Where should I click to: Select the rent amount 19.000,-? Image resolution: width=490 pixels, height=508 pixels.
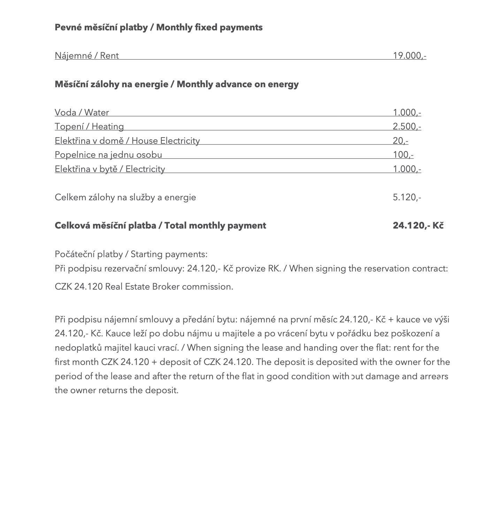(409, 56)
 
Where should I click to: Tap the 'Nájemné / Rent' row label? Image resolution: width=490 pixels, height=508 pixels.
(87, 56)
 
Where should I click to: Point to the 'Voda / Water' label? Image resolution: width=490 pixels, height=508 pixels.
(82, 113)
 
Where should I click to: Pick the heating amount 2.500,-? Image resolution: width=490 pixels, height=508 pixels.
(407, 127)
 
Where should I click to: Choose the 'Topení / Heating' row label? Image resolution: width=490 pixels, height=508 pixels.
(89, 127)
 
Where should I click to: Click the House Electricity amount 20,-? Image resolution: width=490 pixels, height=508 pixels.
(400, 141)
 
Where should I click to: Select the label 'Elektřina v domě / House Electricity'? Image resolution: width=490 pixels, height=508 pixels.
(127, 141)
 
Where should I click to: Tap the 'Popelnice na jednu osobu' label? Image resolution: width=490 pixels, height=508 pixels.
(108, 155)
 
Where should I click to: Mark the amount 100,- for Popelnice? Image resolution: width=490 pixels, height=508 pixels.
(403, 155)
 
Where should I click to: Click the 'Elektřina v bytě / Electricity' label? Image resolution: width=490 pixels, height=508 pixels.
(110, 169)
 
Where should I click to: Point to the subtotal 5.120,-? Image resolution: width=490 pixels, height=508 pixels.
(407, 197)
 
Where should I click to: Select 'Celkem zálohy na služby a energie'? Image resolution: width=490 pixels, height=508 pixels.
(125, 197)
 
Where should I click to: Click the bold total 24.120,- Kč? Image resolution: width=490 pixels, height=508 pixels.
(418, 226)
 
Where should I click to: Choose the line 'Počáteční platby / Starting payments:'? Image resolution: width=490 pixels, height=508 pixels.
(131, 254)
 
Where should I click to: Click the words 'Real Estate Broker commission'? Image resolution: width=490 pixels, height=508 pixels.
(169, 287)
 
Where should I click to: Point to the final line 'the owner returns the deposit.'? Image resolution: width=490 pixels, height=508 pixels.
(117, 390)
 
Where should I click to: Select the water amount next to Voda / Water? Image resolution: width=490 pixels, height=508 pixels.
(407, 113)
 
